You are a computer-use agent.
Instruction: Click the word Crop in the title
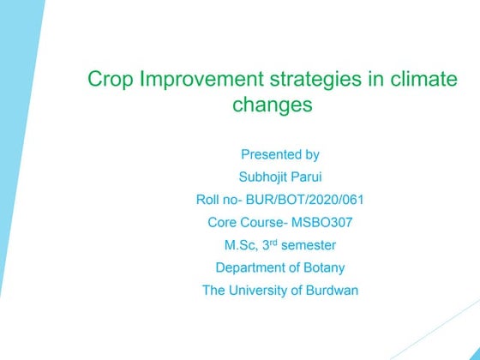click(108, 81)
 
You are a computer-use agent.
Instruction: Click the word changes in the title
click(272, 106)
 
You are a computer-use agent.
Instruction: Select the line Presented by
click(280, 155)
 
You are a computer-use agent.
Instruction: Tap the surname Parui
click(307, 177)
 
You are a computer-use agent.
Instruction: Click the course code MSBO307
click(321, 223)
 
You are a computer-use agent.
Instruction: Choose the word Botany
click(322, 267)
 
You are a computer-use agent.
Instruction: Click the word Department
click(249, 267)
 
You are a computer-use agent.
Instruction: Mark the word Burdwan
click(331, 291)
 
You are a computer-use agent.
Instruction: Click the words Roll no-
click(222, 200)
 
